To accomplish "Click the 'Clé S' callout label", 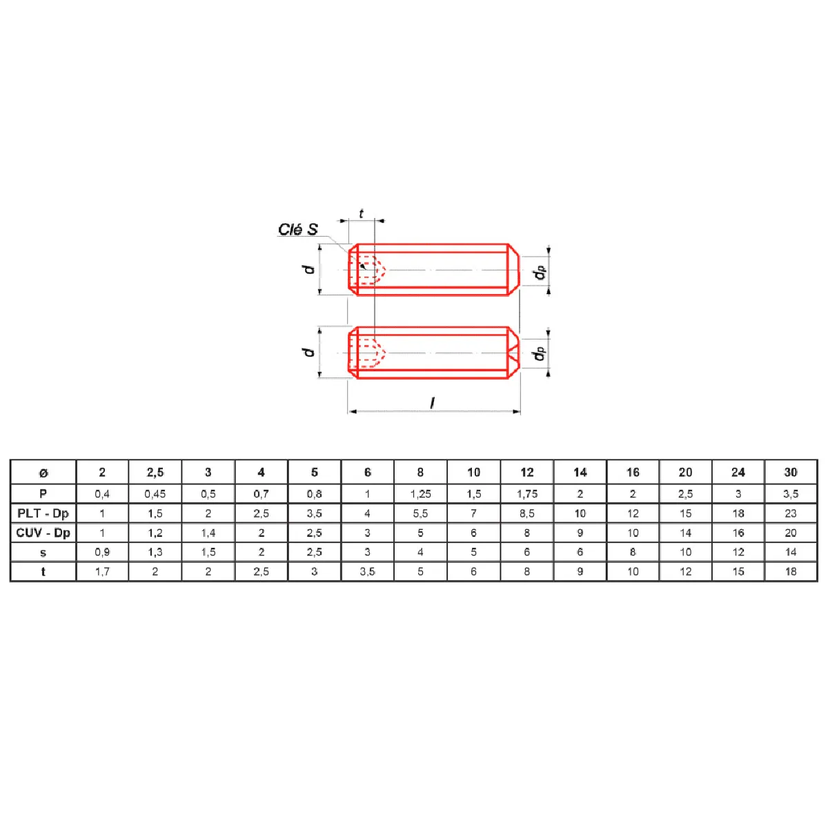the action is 298,229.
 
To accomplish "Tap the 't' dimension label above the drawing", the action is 361,213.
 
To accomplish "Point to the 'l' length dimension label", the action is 433,402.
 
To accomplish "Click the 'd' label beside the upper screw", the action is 309,269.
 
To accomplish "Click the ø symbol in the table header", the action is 43,473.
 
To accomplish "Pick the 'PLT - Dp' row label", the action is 43,513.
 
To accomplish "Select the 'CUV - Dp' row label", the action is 43,533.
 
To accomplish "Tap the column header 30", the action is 791,472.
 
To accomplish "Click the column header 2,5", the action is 155,473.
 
